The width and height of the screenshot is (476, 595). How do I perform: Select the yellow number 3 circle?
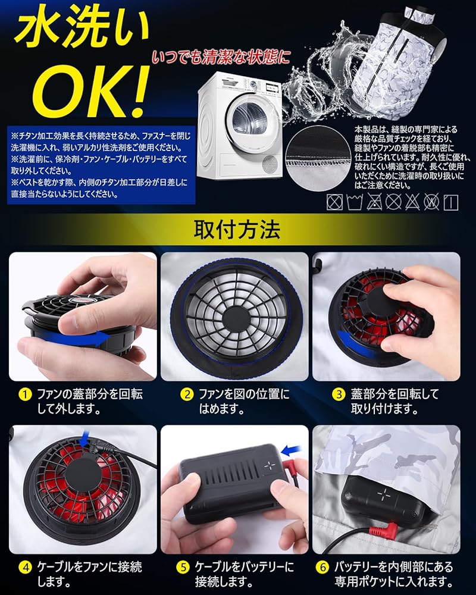click(339, 394)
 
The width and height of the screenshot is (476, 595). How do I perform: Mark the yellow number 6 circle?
click(339, 566)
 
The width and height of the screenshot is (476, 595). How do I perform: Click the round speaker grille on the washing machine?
click(270, 163)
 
